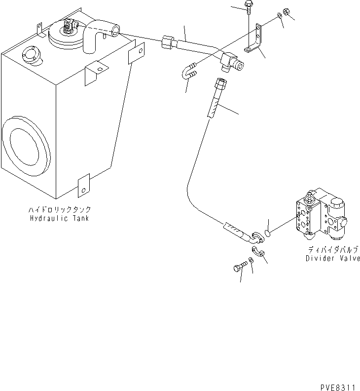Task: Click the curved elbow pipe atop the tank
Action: point(99,37)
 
